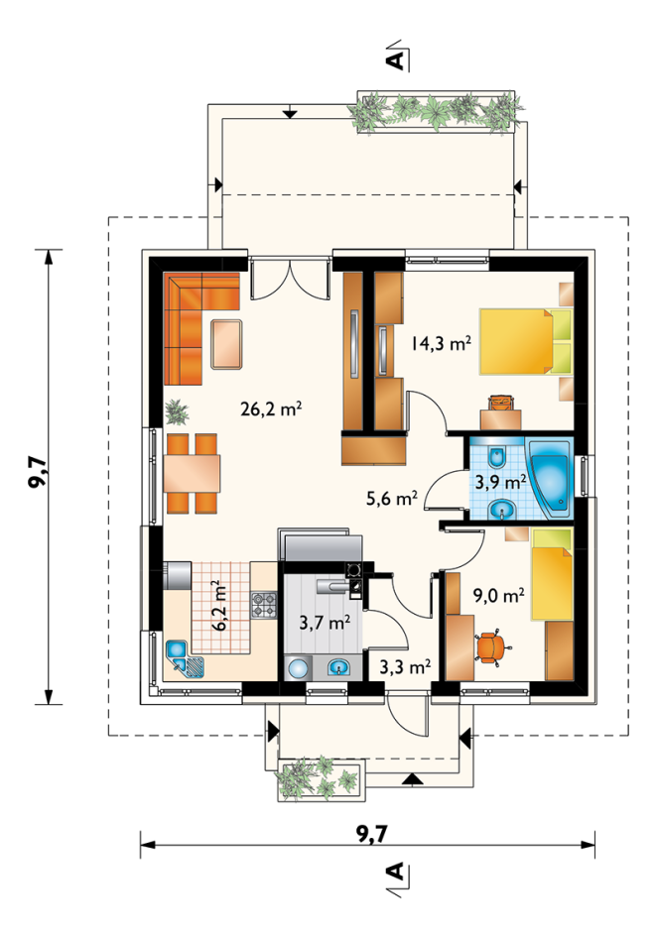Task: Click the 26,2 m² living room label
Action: (271, 410)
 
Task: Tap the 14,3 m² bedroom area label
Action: (441, 343)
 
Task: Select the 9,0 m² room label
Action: (499, 595)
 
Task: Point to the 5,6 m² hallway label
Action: (392, 498)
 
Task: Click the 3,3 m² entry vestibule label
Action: (405, 666)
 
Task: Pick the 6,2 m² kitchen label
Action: (219, 605)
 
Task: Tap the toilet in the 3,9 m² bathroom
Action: (496, 458)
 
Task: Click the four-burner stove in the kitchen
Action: (264, 605)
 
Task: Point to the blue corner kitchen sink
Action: (185, 658)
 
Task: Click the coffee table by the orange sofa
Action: (227, 344)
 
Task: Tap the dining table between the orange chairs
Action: (192, 474)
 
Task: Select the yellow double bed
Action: (525, 340)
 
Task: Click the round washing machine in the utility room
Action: (297, 667)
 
